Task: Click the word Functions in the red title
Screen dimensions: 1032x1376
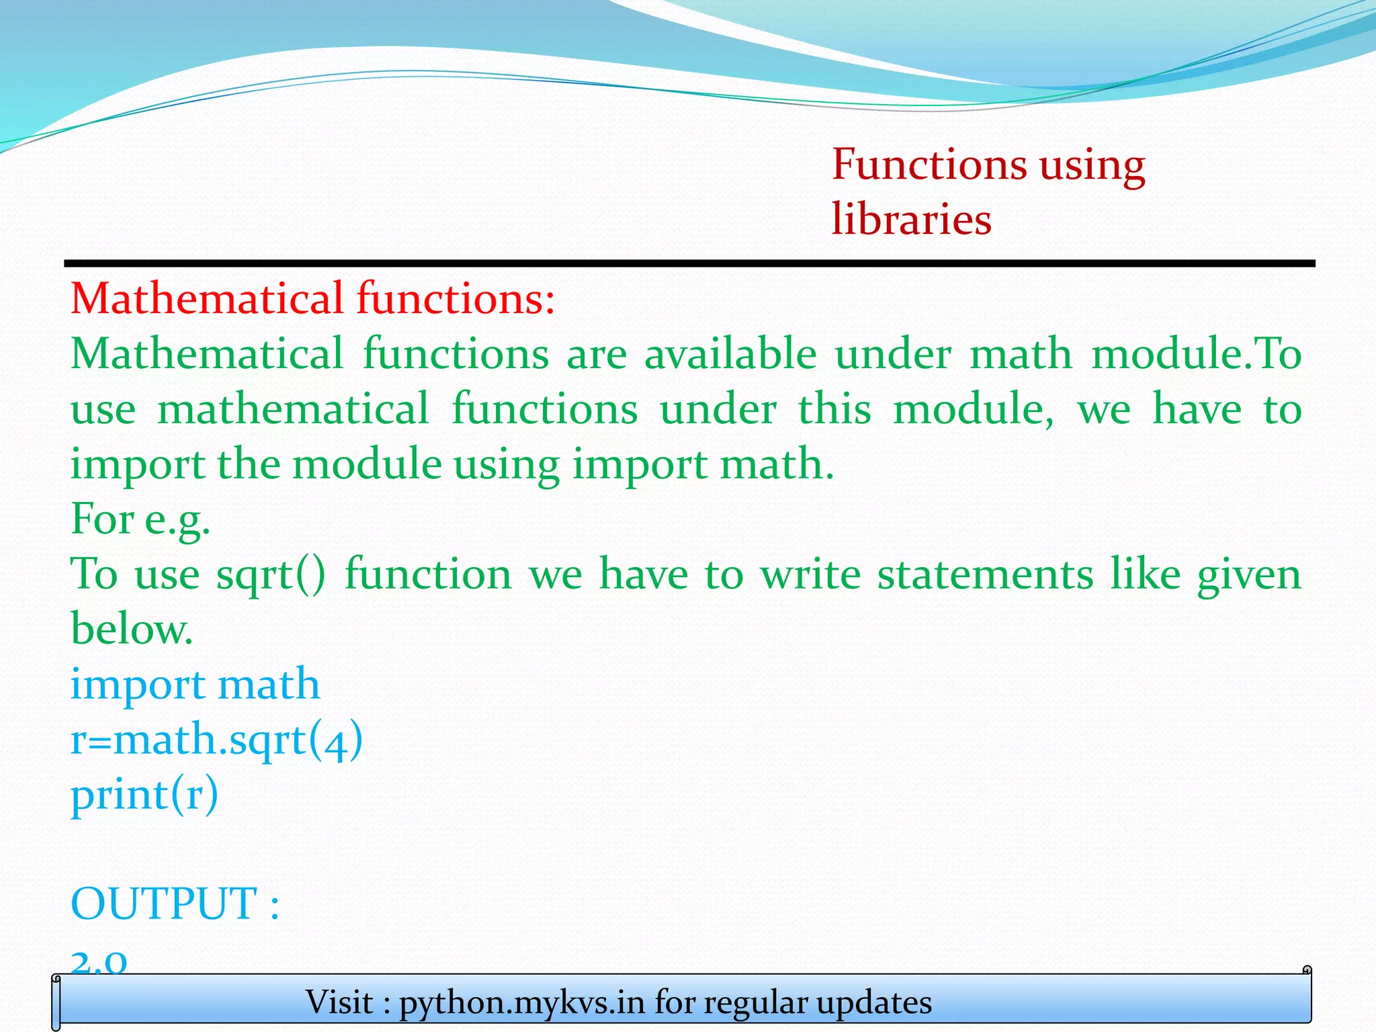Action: point(929,165)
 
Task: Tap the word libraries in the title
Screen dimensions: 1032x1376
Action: point(911,219)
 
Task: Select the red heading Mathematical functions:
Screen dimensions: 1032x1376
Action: point(313,298)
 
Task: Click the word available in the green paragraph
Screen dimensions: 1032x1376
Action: point(730,354)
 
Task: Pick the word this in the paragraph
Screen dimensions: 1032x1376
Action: point(834,409)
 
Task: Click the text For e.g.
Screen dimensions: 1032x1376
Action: point(140,519)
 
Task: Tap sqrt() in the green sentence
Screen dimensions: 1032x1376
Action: point(270,575)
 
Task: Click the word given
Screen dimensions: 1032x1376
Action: point(1249,575)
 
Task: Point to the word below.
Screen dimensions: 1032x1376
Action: point(132,630)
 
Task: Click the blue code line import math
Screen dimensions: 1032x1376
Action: point(196,685)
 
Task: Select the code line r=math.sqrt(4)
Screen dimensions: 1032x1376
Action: point(216,740)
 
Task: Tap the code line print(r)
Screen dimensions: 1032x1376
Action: point(144,795)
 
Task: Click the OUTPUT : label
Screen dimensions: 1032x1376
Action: point(175,904)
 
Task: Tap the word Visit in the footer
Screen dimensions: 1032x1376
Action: point(339,1002)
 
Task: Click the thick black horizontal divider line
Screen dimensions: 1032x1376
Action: point(689,263)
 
